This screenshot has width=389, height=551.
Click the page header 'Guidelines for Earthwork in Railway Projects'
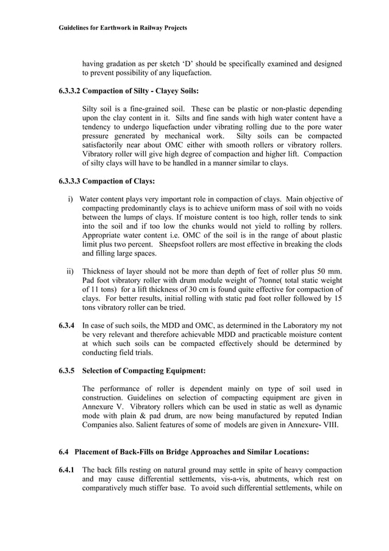tap(123, 28)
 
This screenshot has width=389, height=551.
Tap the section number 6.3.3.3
tap(70, 181)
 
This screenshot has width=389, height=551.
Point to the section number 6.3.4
tap(66, 326)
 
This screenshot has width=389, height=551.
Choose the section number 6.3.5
tap(66, 370)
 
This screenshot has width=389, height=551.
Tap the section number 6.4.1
tap(66, 470)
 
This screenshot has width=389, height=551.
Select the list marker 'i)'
tap(70, 199)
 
